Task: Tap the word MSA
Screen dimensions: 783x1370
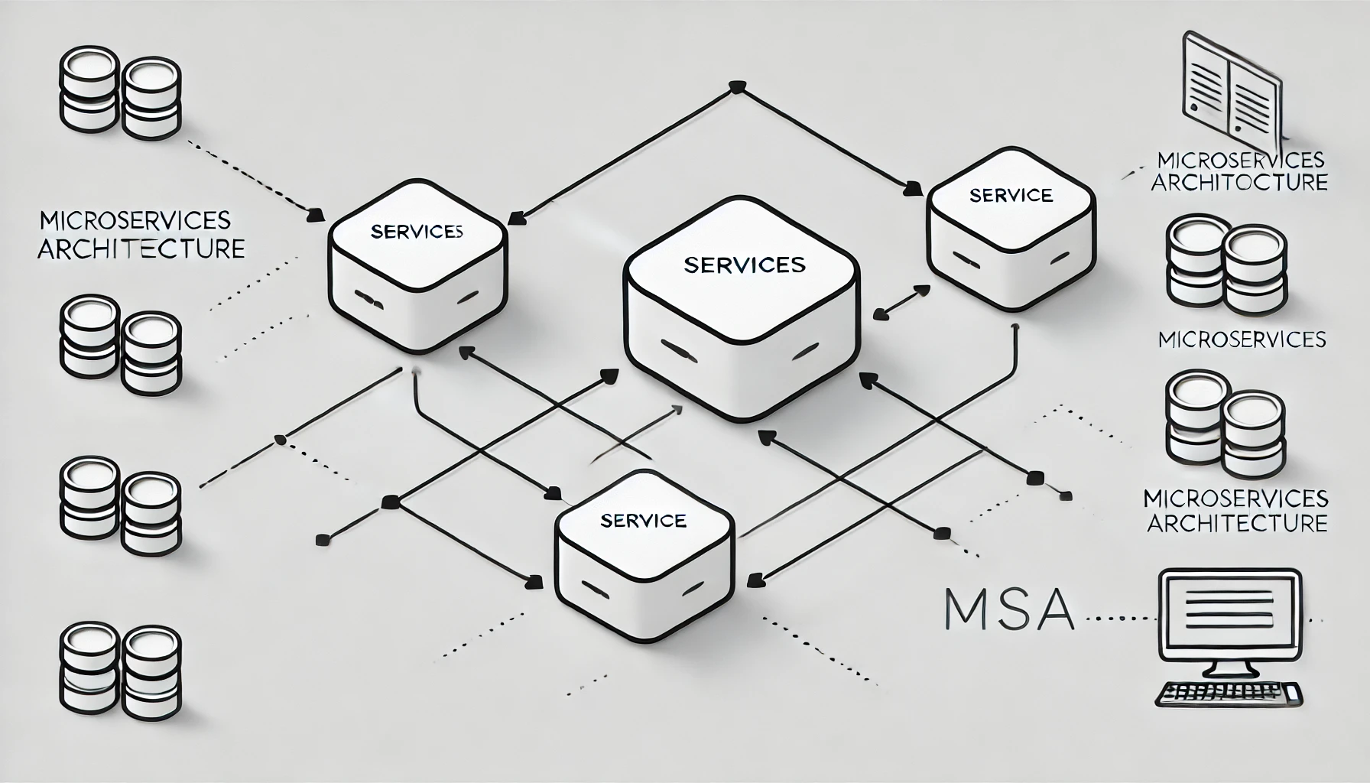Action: pyautogui.click(x=1008, y=609)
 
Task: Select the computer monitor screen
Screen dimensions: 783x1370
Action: pyautogui.click(x=1230, y=612)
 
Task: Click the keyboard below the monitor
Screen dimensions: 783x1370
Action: pyautogui.click(x=1229, y=694)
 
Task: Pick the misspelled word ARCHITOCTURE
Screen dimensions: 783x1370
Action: pyautogui.click(x=1239, y=184)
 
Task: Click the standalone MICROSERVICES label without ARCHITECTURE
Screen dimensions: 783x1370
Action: pyautogui.click(x=1242, y=339)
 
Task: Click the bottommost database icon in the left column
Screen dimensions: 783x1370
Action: pyautogui.click(x=120, y=670)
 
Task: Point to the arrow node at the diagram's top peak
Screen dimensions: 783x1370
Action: pyautogui.click(x=736, y=86)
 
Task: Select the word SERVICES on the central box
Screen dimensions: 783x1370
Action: pyautogui.click(x=744, y=265)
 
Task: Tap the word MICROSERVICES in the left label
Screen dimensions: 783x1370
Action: pyautogui.click(x=135, y=220)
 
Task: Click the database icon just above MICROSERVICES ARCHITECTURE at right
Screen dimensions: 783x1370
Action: pyautogui.click(x=1226, y=425)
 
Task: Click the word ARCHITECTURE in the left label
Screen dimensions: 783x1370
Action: pyautogui.click(x=141, y=249)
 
